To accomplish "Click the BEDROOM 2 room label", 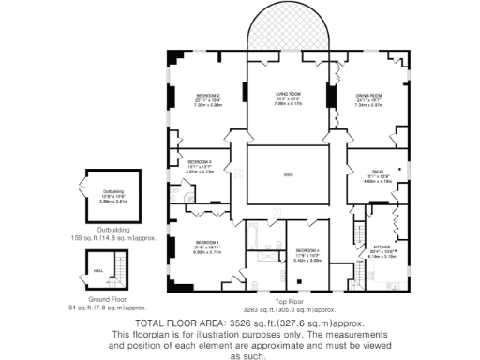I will click(x=207, y=96).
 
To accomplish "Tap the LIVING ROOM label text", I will click(x=287, y=94).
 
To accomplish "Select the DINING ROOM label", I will click(x=367, y=96).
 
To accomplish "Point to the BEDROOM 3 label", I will click(x=199, y=162).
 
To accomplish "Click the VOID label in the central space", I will click(x=288, y=174).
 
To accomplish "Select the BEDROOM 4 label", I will click(x=307, y=251).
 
